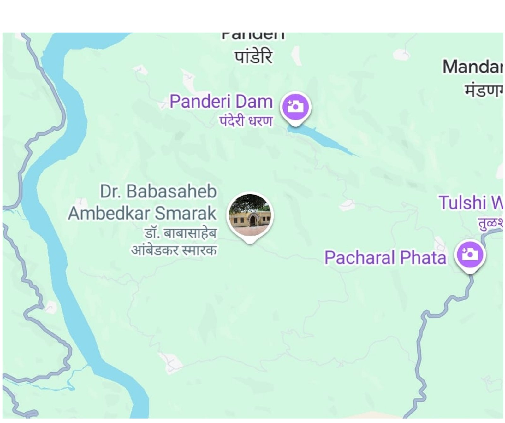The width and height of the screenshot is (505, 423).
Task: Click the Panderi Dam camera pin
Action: click(295, 107)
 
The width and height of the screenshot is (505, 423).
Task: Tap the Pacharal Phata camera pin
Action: click(470, 255)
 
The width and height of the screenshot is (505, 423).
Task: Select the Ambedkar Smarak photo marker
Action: click(250, 215)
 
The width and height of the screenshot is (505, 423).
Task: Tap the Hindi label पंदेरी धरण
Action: click(246, 121)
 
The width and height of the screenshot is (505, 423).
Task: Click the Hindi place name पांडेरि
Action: click(253, 57)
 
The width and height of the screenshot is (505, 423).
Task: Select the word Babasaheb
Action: click(171, 191)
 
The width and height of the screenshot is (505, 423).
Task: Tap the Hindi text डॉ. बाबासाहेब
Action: click(180, 234)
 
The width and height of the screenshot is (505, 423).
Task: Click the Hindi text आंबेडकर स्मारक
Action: click(174, 250)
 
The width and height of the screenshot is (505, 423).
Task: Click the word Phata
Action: click(424, 258)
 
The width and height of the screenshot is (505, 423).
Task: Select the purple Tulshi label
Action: click(470, 203)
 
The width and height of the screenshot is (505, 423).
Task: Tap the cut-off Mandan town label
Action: click(472, 67)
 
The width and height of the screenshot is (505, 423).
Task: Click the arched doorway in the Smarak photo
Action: click(252, 220)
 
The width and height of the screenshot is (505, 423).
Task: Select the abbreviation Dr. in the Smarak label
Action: click(110, 191)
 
